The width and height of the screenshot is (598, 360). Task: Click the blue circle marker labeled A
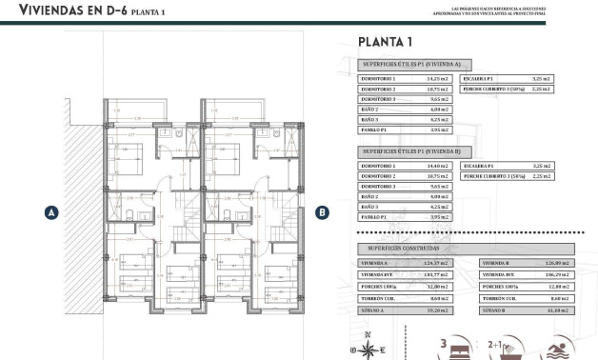coord(51,213)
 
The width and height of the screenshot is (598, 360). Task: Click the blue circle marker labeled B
coord(322,213)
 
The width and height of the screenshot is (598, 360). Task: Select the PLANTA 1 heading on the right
coord(385,42)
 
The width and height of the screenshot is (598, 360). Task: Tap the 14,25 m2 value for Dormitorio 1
coord(438,79)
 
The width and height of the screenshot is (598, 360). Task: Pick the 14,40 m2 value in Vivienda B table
coord(438,166)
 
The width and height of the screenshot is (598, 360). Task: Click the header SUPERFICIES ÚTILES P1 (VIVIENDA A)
coord(409,64)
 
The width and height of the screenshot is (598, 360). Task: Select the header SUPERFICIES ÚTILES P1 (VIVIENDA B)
coord(409,150)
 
